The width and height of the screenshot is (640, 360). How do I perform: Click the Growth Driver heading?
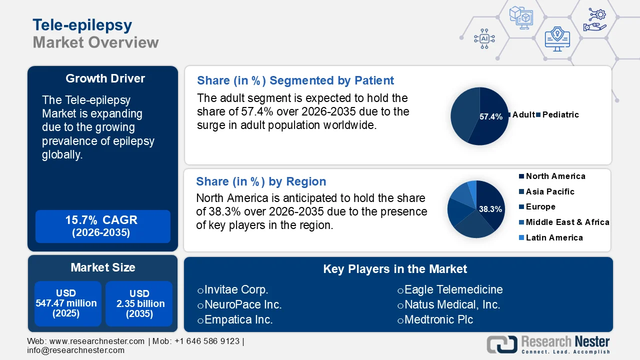click(105, 78)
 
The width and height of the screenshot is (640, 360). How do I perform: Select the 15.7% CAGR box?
click(102, 226)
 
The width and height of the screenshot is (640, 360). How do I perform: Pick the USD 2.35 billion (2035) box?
click(139, 303)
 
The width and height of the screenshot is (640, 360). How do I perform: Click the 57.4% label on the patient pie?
click(490, 116)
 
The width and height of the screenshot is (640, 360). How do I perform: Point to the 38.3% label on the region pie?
click(490, 209)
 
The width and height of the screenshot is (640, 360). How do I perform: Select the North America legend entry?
click(555, 176)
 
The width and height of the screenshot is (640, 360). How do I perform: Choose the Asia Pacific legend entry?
click(549, 191)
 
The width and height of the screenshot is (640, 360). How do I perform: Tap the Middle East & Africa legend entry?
click(567, 222)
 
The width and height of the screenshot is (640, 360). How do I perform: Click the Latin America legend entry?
click(554, 237)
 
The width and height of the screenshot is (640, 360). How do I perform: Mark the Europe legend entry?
click(540, 206)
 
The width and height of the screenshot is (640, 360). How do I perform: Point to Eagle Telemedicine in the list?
click(453, 289)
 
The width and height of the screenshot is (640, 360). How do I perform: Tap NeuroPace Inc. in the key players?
click(243, 304)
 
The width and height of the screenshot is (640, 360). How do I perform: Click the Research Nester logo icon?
click(502, 345)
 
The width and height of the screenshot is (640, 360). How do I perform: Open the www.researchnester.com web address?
click(97, 341)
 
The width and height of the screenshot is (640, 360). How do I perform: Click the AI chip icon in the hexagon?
click(484, 38)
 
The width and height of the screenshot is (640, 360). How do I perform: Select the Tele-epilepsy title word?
click(82, 24)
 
